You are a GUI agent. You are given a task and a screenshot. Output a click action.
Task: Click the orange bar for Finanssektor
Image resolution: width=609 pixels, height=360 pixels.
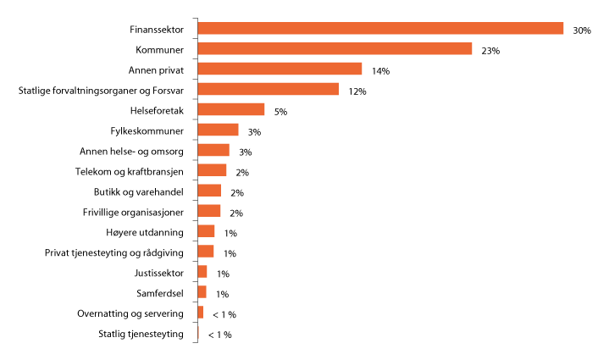tap(380, 29)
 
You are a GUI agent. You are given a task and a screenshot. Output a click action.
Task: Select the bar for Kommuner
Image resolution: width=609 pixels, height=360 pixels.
tap(335, 49)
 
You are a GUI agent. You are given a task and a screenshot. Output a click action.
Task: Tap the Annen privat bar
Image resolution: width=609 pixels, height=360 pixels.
tap(280, 69)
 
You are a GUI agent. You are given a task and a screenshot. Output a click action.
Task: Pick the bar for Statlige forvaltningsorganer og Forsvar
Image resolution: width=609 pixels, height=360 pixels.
tap(268, 90)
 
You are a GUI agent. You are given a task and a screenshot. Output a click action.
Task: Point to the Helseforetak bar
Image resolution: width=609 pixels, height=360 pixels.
tap(230, 110)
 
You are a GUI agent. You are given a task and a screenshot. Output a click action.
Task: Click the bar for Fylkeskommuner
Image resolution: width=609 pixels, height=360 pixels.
tap(218, 130)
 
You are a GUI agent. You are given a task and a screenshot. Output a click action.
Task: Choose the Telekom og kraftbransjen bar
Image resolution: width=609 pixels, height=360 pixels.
tap(212, 171)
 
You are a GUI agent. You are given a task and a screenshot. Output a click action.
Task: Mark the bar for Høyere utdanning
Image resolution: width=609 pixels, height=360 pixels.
tap(206, 232)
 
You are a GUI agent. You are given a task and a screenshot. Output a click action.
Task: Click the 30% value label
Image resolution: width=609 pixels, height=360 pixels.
tap(582, 30)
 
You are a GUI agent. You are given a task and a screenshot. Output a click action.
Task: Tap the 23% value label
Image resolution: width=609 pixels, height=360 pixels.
tap(490, 51)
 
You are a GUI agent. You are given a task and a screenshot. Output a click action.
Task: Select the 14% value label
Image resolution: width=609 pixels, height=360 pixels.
tap(380, 71)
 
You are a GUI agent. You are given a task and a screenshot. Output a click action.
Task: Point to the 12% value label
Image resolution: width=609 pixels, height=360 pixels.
tap(357, 91)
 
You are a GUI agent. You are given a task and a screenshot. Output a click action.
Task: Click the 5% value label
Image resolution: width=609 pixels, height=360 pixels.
tap(280, 112)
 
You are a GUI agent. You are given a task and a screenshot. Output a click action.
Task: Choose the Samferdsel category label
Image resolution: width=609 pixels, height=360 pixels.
tap(160, 293)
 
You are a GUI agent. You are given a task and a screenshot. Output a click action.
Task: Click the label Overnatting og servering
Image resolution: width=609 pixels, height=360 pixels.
tap(130, 313)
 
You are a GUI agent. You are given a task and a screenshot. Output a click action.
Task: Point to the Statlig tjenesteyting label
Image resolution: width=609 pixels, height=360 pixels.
tap(141, 334)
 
